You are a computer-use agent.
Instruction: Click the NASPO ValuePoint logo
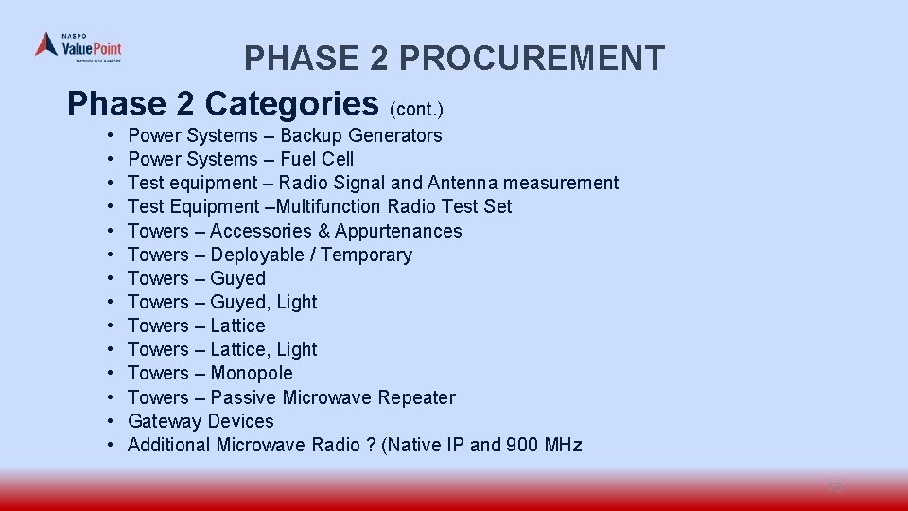(79, 46)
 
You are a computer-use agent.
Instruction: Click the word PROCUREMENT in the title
(532, 59)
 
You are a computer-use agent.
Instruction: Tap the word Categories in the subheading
(291, 102)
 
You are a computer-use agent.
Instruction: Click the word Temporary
(365, 255)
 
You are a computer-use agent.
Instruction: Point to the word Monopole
(252, 373)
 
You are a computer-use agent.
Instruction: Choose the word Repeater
(416, 397)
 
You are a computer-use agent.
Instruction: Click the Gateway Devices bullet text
(201, 421)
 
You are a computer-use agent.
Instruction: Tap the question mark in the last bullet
(370, 445)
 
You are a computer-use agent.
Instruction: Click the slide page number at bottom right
(834, 487)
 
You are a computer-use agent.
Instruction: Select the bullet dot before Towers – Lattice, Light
(111, 349)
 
